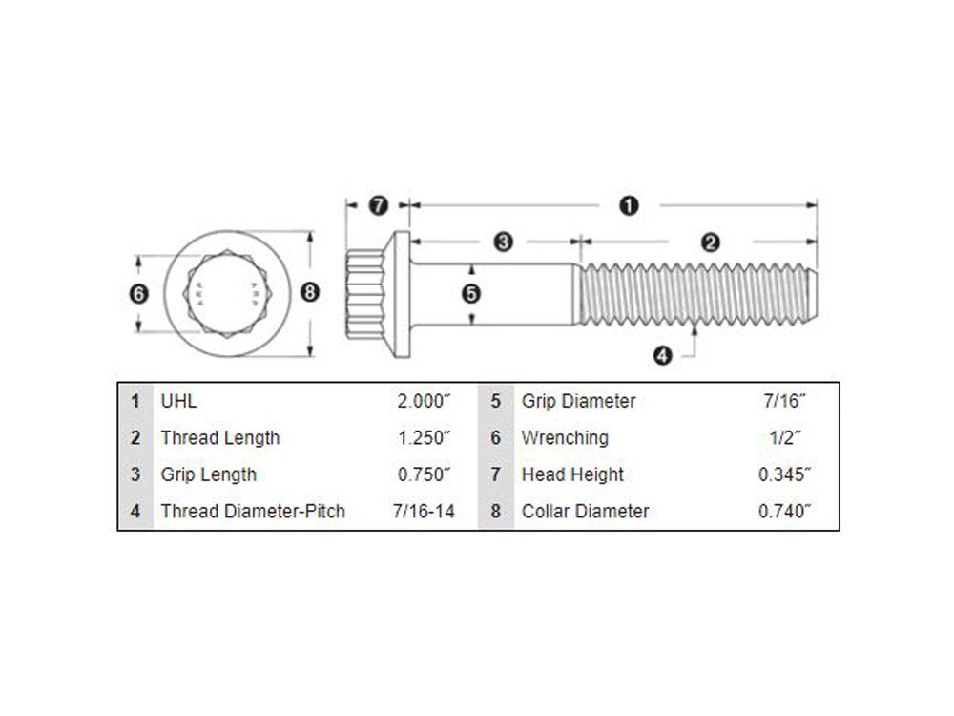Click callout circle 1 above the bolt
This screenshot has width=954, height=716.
[x=629, y=205]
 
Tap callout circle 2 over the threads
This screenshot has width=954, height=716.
[x=710, y=242]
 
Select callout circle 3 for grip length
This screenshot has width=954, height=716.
[x=505, y=242]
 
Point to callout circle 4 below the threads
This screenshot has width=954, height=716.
[x=663, y=356]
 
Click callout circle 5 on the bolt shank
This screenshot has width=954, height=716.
[x=470, y=294]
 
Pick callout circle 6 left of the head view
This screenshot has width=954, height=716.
[x=139, y=294]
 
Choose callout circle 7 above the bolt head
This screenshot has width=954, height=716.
[x=378, y=205]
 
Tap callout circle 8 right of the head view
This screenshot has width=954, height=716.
[x=309, y=293]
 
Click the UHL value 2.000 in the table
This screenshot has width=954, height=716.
[x=424, y=401]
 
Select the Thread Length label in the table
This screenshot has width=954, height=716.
[x=220, y=438]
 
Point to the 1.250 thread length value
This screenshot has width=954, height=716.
[x=424, y=438]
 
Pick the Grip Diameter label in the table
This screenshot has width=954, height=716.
[x=578, y=401]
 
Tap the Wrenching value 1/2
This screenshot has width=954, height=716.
[x=784, y=438]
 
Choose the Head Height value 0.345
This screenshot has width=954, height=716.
[x=784, y=474]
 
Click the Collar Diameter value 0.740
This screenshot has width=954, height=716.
[x=784, y=511]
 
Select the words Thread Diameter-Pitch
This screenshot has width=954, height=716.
[x=253, y=511]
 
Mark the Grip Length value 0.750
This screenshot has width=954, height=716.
[x=424, y=474]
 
